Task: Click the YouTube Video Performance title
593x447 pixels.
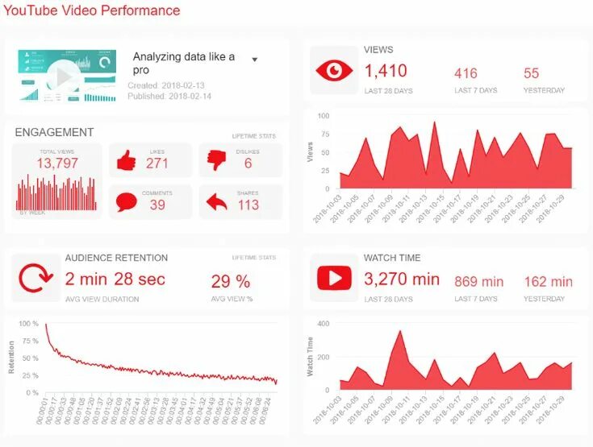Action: (91, 11)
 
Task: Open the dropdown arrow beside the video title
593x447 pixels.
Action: (254, 60)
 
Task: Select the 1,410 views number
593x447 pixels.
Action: (386, 72)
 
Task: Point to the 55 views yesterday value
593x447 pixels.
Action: (531, 73)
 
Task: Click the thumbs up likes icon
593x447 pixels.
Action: (126, 161)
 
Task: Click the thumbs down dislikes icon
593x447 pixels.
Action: (216, 160)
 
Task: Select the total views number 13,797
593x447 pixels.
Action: (56, 164)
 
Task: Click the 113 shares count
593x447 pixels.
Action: (248, 205)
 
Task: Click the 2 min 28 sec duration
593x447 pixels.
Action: (115, 279)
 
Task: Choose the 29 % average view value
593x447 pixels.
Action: (231, 282)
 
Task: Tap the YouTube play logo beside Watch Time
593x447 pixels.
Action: (334, 279)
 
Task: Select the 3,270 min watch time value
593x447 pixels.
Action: (402, 279)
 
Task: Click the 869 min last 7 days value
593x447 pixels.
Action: (478, 281)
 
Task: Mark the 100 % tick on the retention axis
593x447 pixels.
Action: (29, 324)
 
